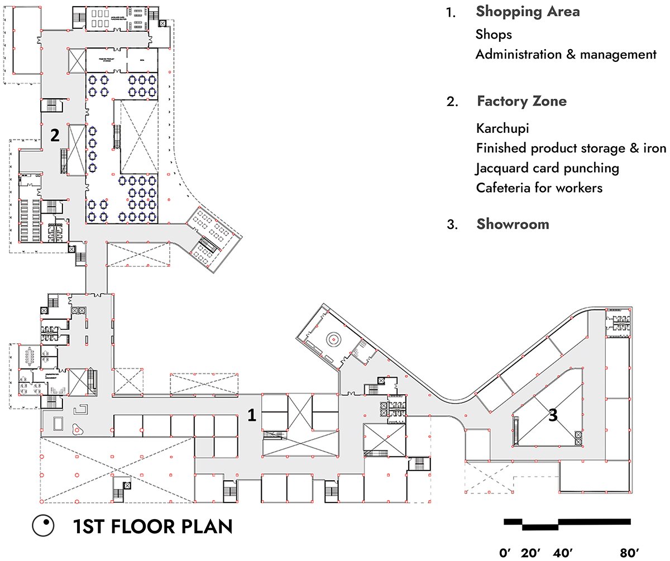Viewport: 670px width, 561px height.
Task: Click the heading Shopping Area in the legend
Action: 527,12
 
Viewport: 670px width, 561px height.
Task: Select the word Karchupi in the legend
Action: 502,128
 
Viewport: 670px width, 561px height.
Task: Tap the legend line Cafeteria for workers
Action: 539,188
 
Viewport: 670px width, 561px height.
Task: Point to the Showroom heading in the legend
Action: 513,224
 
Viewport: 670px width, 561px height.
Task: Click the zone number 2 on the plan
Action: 55,136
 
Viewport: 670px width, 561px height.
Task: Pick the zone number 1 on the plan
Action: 252,415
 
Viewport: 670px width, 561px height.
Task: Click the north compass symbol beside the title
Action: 42,526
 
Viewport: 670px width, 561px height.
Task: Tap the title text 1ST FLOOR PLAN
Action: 152,526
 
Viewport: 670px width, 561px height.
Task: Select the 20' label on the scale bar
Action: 531,553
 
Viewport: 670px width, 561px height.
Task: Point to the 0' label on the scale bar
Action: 506,553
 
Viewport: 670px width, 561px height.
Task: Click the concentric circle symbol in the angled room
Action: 333,338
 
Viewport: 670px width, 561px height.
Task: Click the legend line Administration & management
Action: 566,55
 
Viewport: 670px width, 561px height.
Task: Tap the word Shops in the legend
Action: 494,35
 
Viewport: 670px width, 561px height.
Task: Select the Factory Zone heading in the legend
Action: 521,101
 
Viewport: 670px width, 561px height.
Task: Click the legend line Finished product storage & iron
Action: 571,148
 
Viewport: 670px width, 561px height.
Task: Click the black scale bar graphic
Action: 567,524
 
